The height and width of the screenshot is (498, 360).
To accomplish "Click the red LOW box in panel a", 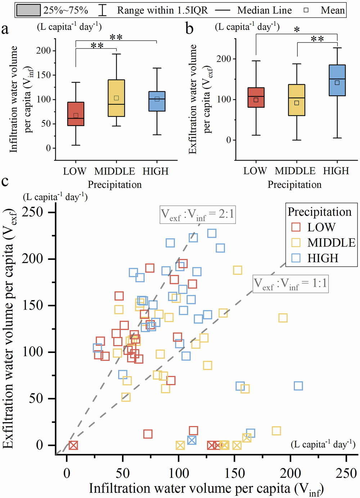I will (76, 114).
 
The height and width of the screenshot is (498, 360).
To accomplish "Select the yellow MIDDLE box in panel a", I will (116, 98).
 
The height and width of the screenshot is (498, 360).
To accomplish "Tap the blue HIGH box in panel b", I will (337, 80).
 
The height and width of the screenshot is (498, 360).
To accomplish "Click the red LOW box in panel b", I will (256, 97).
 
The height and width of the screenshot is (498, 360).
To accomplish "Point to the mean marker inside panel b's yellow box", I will (297, 103).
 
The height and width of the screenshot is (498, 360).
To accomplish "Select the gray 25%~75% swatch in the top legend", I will (28, 10).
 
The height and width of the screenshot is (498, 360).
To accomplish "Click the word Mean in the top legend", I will (332, 10).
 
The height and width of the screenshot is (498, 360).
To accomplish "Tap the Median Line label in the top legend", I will (264, 10).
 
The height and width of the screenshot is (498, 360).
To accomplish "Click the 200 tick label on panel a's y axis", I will (44, 50).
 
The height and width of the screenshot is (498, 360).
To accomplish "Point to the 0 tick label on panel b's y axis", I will (228, 140).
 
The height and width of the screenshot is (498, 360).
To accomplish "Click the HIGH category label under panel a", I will (156, 171).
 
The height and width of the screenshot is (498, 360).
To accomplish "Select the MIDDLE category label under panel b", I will (295, 171).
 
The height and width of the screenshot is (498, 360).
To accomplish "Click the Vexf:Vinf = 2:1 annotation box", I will (198, 215).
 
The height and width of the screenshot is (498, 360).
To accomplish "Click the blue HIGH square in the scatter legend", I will (296, 258).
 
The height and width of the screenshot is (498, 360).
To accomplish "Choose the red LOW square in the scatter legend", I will (296, 227).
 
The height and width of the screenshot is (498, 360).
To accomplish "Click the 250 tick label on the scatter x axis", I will (346, 473).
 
